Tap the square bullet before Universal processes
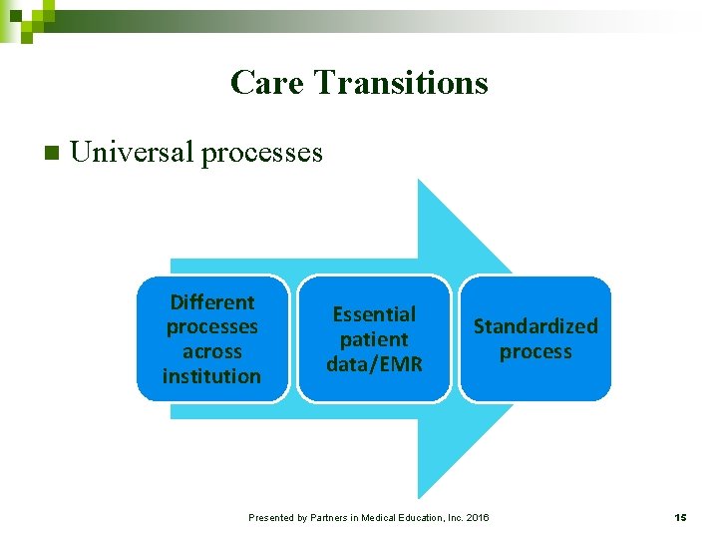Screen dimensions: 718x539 (53, 154)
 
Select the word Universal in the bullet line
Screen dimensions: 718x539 (133, 152)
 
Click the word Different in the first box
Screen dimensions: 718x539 (212, 302)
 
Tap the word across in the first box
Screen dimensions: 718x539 (212, 351)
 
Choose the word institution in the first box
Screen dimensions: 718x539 (212, 376)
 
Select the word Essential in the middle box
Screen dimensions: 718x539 (374, 314)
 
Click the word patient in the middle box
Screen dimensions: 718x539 (374, 339)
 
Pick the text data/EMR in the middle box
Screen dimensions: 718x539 (374, 364)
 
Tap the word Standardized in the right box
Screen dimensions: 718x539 (536, 326)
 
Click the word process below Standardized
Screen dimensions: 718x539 (536, 351)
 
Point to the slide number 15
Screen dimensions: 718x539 (680, 517)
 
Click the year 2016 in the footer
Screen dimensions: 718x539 (477, 517)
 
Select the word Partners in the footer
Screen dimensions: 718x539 (331, 517)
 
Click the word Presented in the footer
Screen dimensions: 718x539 (271, 517)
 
